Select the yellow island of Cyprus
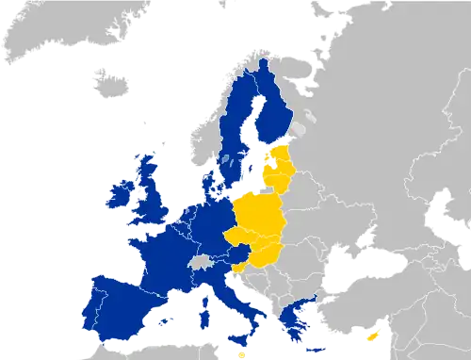(x=374, y=335)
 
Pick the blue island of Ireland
(x=121, y=198)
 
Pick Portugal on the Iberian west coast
(x=95, y=303)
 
